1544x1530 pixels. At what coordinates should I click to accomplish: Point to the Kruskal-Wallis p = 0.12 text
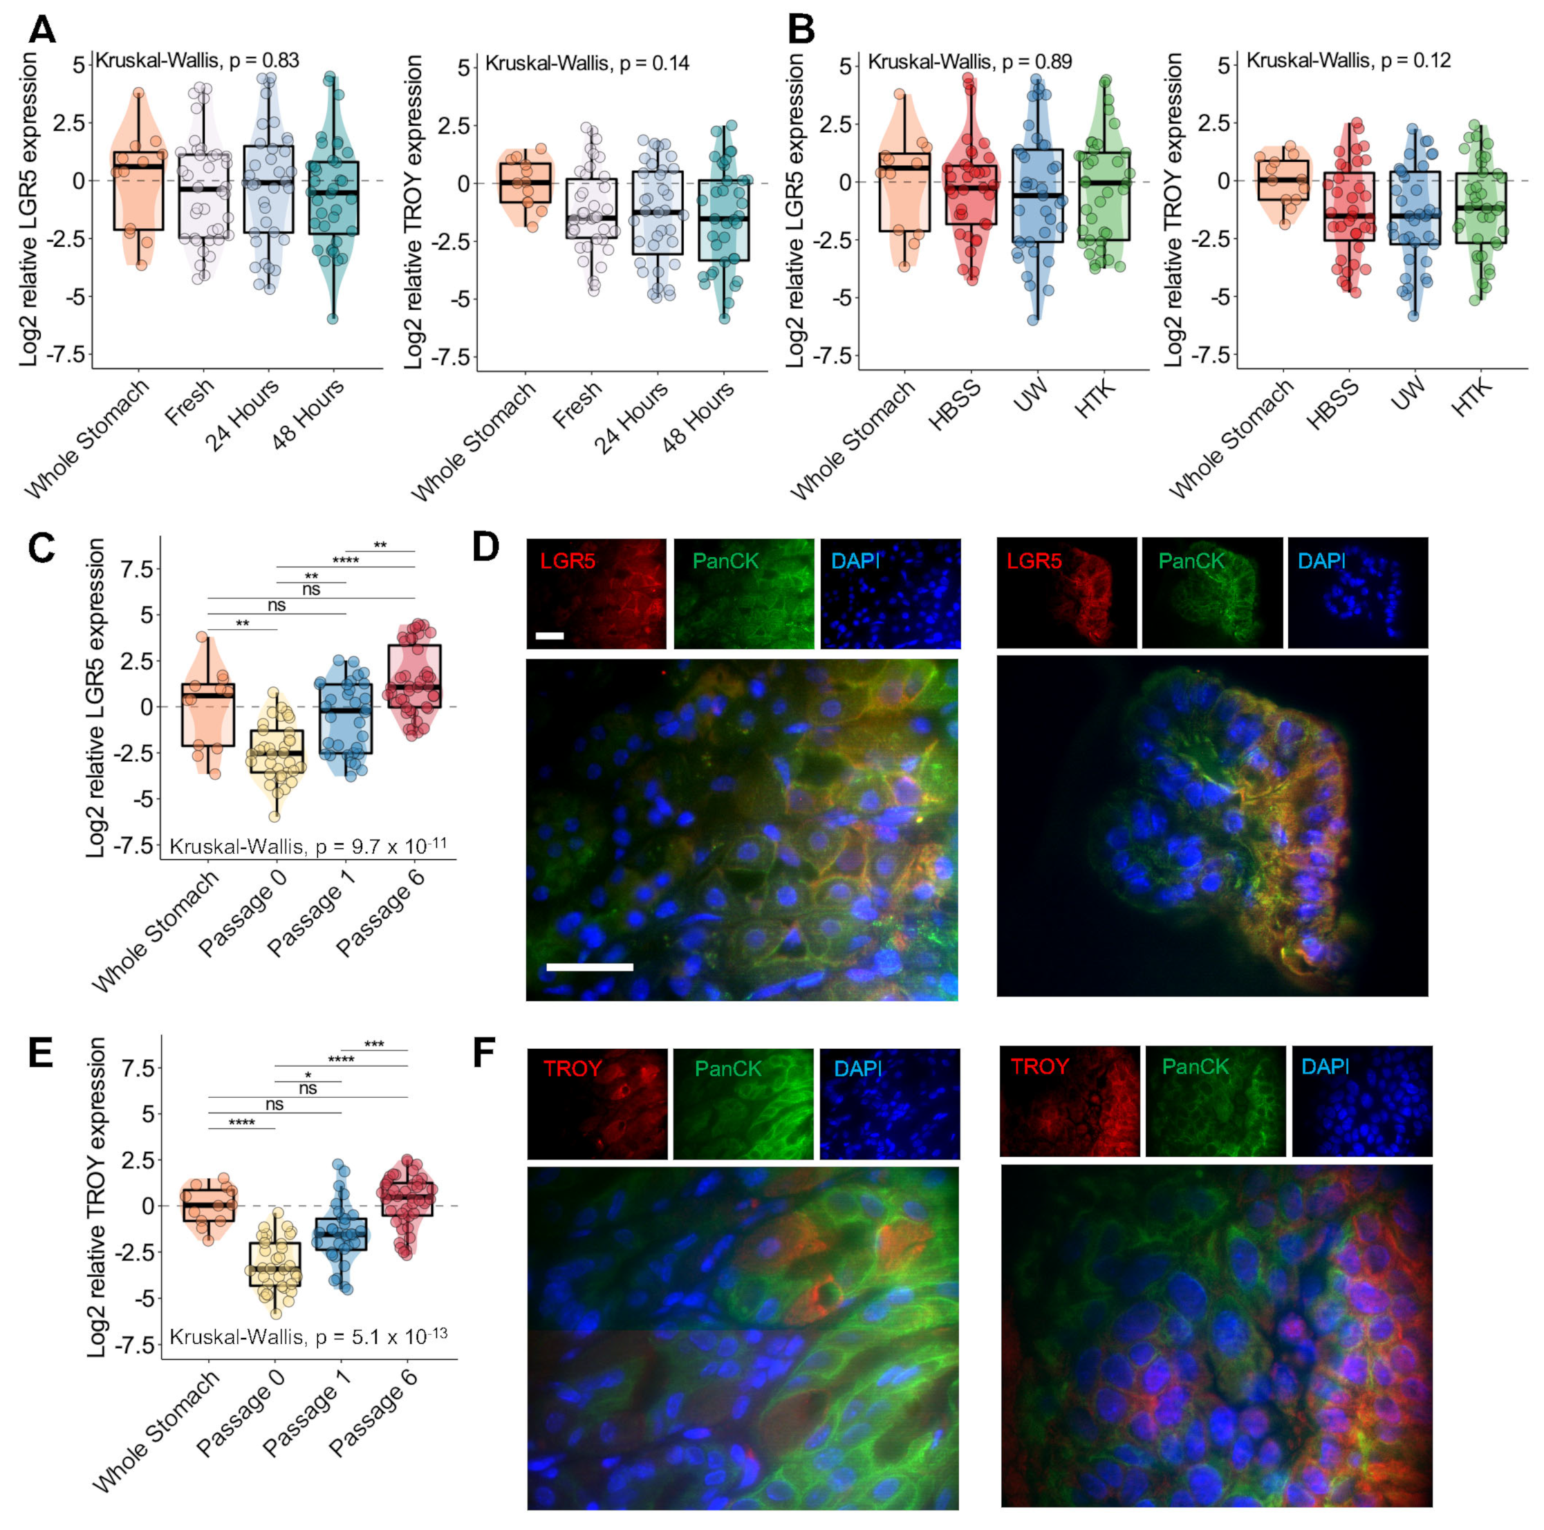[1348, 61]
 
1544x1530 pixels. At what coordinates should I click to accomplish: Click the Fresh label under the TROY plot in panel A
[577, 407]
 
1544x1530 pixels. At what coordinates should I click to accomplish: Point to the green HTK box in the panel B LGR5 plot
[1106, 196]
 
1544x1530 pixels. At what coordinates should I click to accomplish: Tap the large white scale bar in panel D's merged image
[590, 967]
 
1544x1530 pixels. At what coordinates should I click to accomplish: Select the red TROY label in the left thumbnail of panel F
[572, 1068]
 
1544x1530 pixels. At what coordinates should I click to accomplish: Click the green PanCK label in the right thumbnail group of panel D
[1191, 561]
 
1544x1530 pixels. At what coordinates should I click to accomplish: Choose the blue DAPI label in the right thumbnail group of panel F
[1325, 1067]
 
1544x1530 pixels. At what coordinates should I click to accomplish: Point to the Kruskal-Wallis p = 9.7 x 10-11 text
[308, 845]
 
